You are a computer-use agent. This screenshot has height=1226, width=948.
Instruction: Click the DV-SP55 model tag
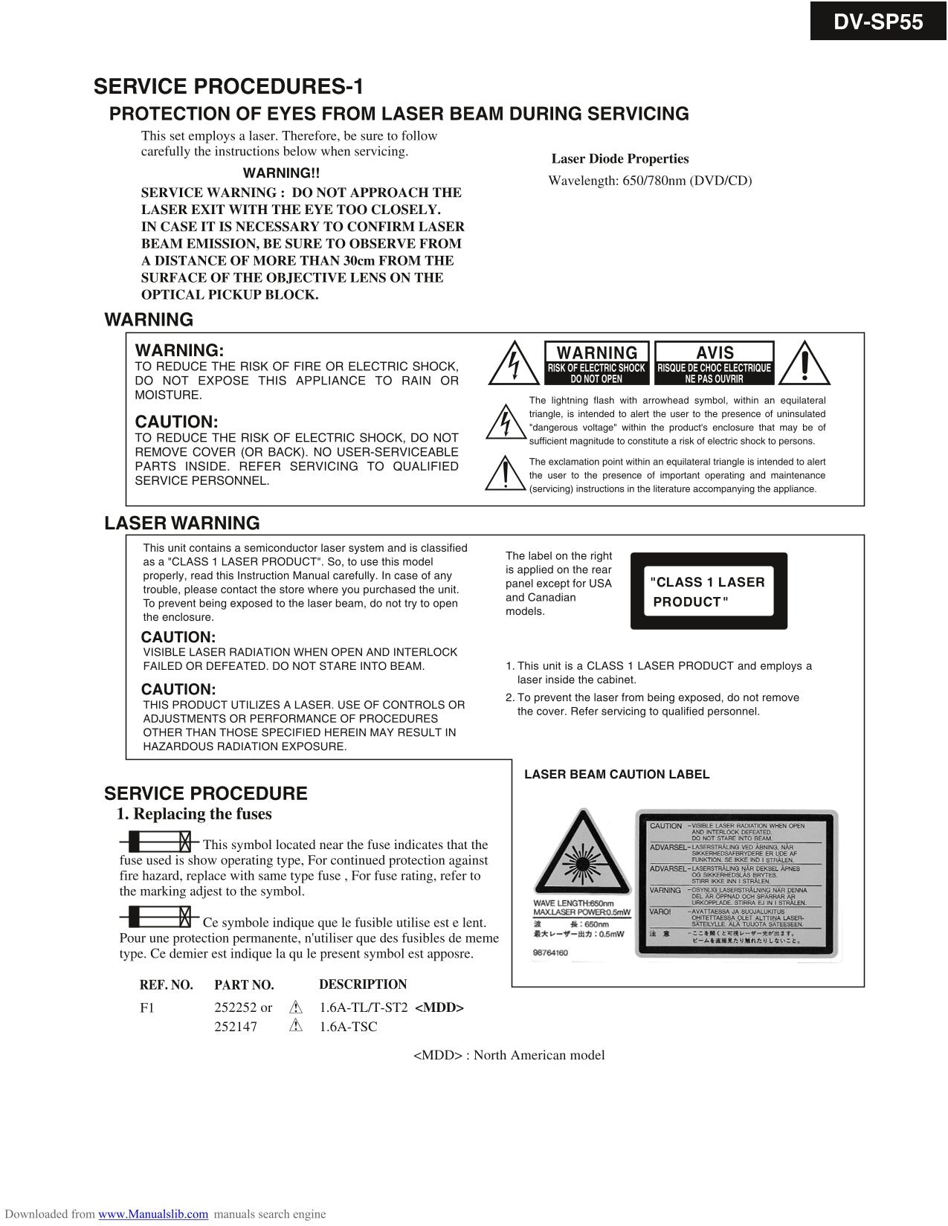[x=878, y=22]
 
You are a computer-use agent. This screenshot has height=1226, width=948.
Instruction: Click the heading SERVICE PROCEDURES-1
[x=228, y=87]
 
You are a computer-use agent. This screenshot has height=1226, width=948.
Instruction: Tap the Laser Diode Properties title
[x=620, y=158]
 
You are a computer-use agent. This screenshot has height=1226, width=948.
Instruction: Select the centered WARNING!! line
[x=281, y=173]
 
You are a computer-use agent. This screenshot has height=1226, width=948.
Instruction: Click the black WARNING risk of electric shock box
[x=596, y=363]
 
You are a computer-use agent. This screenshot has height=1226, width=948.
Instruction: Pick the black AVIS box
[x=714, y=363]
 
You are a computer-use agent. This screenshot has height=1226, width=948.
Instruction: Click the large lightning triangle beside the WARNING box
[x=514, y=363]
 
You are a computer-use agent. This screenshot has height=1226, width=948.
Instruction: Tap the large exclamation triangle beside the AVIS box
[x=805, y=363]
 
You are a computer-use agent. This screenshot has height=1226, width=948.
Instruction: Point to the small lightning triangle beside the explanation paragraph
[x=505, y=422]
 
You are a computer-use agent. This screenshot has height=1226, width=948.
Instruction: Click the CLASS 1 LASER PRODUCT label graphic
[x=709, y=591]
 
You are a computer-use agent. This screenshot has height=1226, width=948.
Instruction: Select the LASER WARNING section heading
[x=182, y=523]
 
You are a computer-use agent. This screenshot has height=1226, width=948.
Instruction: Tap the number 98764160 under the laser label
[x=550, y=952]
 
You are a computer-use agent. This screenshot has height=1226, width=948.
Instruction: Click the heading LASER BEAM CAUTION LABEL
[x=616, y=775]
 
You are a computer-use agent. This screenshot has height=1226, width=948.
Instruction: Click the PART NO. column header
[x=244, y=985]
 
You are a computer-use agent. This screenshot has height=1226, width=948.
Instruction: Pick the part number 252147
[x=233, y=1027]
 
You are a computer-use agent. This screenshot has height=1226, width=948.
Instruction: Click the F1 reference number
[x=147, y=1007]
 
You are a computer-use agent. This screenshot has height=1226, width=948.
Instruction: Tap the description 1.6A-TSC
[x=348, y=1027]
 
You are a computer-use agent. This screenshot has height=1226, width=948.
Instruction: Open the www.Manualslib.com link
[x=153, y=1214]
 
